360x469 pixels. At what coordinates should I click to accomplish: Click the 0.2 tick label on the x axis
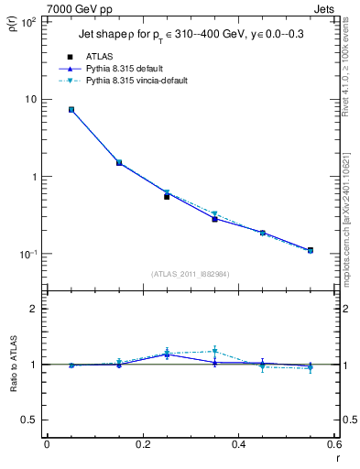pyautogui.click(x=142, y=446)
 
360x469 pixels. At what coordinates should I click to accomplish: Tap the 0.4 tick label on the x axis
pyautogui.click(x=237, y=446)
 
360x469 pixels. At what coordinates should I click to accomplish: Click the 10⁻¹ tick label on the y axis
pyautogui.click(x=27, y=254)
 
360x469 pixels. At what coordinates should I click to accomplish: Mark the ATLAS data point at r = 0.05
pyautogui.click(x=71, y=110)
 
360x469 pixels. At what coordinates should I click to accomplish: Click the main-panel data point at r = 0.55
pyautogui.click(x=310, y=250)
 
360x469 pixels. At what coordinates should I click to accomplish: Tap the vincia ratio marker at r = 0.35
pyautogui.click(x=214, y=351)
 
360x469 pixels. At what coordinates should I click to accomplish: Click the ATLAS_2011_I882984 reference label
pyautogui.click(x=190, y=274)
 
